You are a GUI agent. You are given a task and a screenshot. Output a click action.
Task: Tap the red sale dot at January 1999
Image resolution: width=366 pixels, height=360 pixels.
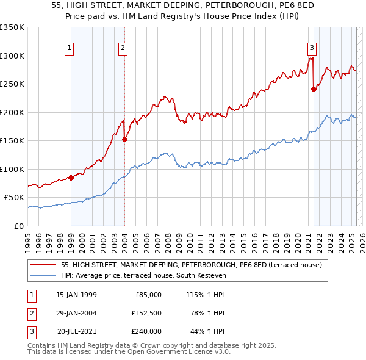click(71, 178)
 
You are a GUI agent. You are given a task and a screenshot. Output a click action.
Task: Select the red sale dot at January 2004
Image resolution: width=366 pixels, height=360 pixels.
click(124, 139)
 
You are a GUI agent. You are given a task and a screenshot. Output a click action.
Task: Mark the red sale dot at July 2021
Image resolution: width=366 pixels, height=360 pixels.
click(314, 89)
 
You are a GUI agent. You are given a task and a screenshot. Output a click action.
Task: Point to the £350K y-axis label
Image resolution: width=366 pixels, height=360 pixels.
click(12, 27)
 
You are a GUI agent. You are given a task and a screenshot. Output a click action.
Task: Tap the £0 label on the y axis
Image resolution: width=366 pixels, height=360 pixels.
click(19, 226)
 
